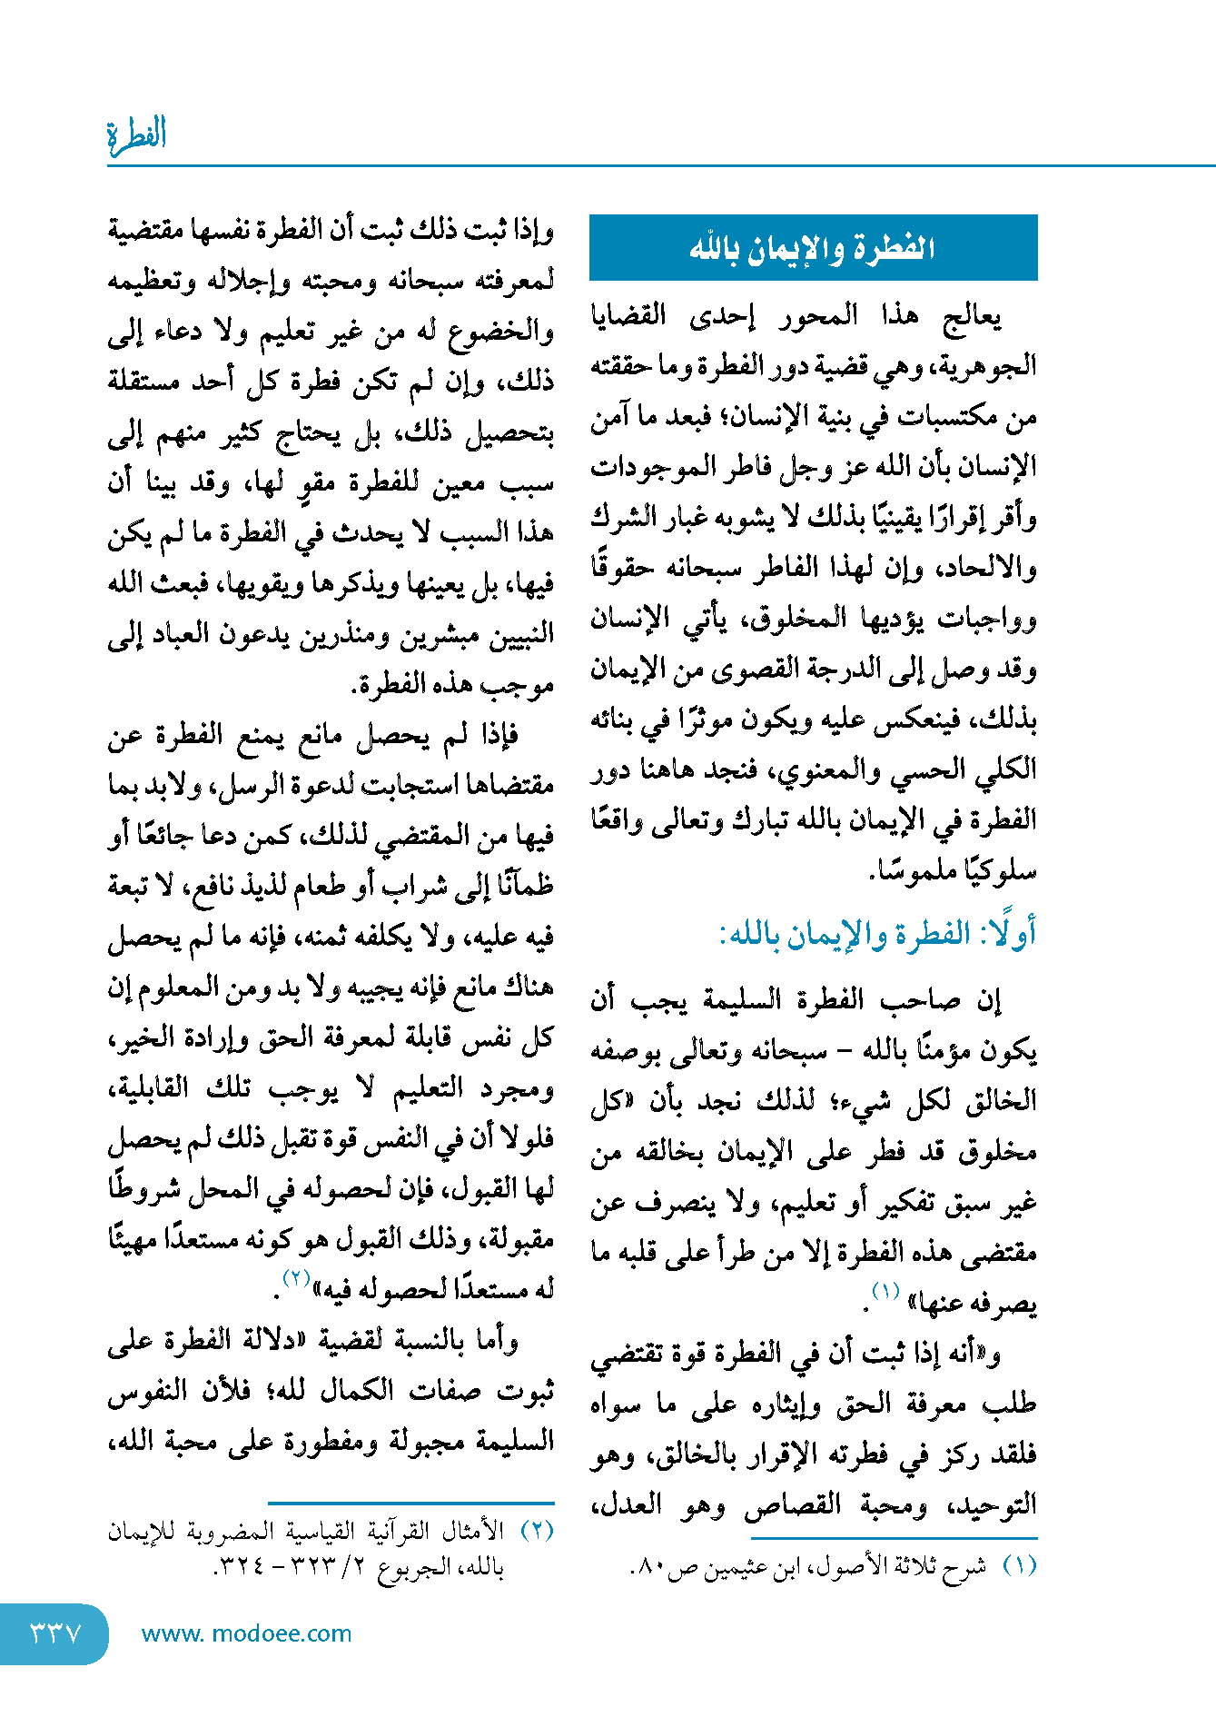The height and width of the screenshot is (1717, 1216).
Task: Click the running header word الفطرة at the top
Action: tap(137, 135)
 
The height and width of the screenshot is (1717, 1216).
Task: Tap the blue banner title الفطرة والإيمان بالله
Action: tap(813, 247)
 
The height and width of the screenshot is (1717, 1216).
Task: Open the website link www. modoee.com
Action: tap(247, 1633)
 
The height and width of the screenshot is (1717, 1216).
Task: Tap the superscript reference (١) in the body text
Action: tap(885, 1291)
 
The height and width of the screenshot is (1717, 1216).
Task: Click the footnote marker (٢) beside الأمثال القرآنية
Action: tap(537, 1531)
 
